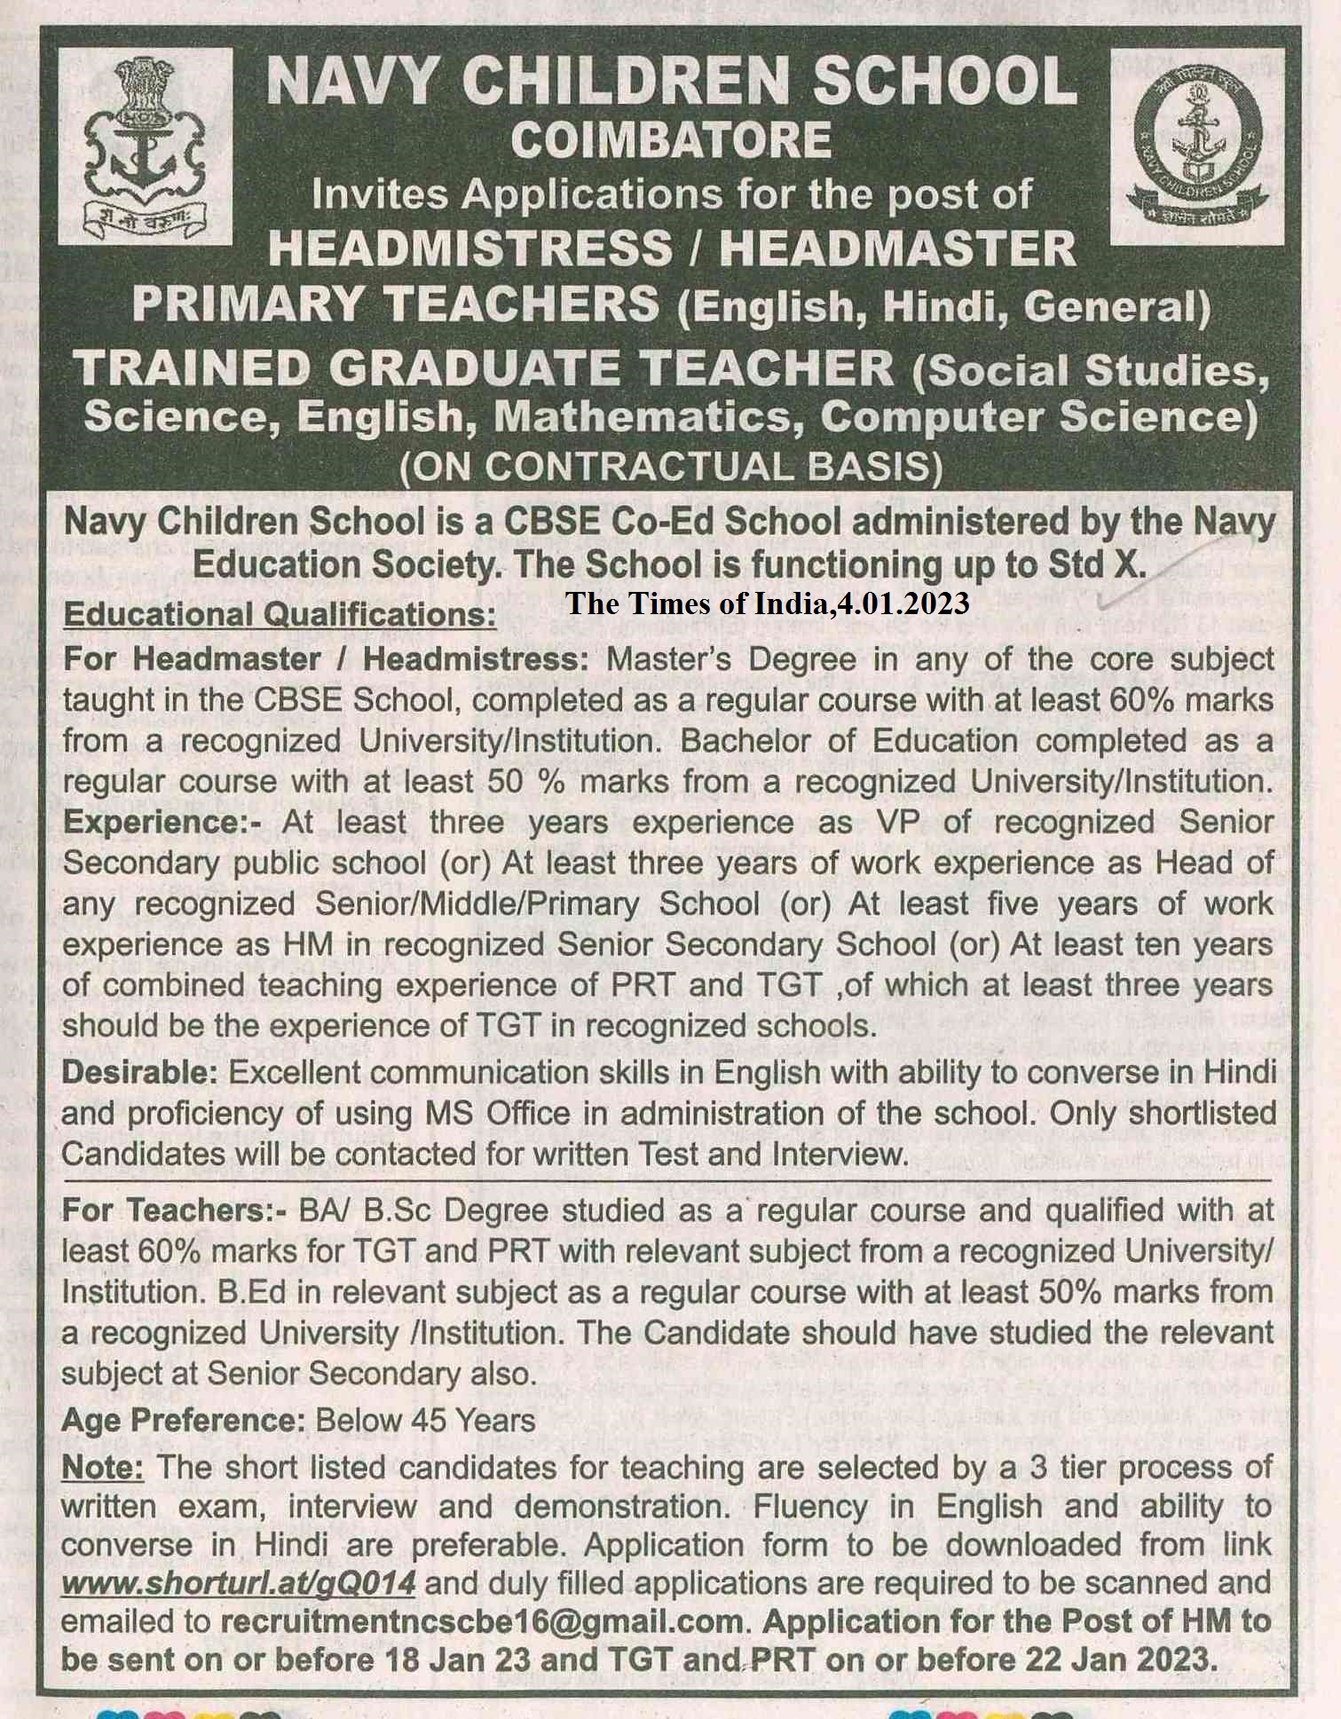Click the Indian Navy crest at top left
click(146, 146)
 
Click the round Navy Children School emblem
click(1197, 146)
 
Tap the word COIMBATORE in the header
click(671, 140)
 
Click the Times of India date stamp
click(768, 603)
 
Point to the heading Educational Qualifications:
click(280, 614)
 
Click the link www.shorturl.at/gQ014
click(239, 1582)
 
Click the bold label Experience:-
click(162, 822)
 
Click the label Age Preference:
click(183, 1420)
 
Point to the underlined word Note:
click(102, 1467)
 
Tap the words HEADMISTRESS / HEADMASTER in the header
click(672, 248)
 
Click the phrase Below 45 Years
click(425, 1420)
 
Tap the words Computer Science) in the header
click(1038, 417)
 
